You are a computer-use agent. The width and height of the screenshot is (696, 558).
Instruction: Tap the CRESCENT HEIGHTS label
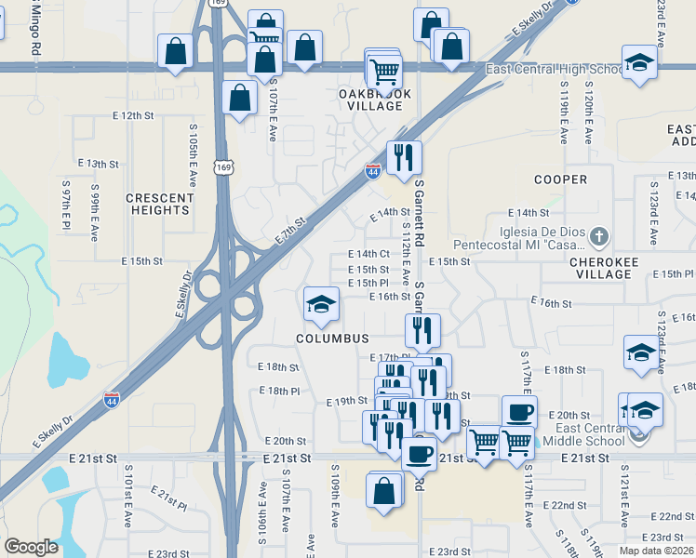pos(158,204)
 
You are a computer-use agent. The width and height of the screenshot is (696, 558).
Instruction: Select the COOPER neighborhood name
pos(560,179)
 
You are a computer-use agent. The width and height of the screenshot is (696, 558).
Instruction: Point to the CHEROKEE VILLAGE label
pos(616,268)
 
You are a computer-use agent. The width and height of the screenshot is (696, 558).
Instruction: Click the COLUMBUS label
pos(332,339)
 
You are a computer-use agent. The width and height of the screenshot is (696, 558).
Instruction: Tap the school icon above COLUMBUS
pos(321,303)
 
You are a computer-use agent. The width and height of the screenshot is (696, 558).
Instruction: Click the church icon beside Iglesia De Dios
pos(600,236)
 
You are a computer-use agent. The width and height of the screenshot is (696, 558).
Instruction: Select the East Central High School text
pos(555,70)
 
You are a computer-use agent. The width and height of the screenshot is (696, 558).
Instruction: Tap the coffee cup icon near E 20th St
pos(519,411)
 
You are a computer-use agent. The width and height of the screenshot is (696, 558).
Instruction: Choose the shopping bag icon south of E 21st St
pos(384,489)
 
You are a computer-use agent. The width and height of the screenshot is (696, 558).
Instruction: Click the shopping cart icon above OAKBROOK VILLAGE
pos(384,70)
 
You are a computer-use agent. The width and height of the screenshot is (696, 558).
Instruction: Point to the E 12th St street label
pos(131,115)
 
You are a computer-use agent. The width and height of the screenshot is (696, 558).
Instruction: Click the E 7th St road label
pos(290,232)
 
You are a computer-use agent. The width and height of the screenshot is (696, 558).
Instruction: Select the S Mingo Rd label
pos(35,28)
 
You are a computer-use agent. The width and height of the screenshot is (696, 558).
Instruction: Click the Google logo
pos(32,547)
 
